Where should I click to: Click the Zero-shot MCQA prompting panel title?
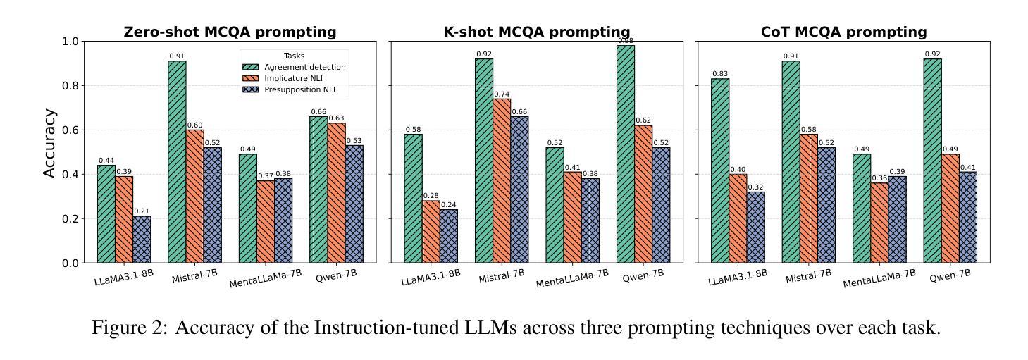230,32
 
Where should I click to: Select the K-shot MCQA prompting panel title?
536,32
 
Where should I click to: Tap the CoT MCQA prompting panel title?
843,32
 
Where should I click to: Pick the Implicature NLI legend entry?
296,78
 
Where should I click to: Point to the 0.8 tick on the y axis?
70,86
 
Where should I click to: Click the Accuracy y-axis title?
49,143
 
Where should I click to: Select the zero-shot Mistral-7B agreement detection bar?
177,162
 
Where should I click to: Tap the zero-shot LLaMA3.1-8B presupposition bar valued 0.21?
142,240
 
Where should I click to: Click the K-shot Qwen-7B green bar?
625,154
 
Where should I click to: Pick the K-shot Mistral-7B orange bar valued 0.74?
502,181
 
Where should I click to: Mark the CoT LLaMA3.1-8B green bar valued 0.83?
720,170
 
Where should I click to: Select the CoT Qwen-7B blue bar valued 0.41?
967,217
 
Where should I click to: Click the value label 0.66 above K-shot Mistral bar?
519,112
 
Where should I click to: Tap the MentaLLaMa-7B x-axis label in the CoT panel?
879,278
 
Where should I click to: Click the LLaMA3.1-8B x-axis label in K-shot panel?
431,277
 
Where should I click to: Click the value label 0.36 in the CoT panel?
879,178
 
